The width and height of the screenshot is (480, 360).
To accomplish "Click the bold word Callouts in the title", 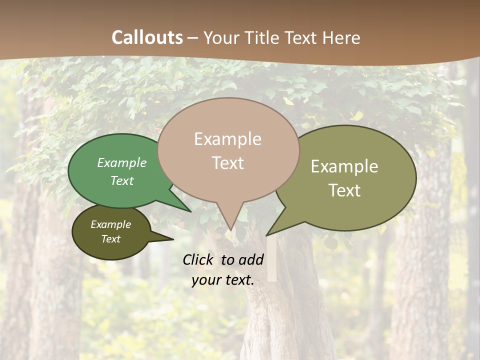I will pos(147,38).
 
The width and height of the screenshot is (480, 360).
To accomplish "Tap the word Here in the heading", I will pos(341,38).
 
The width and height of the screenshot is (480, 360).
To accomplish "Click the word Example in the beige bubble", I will pos(227,139).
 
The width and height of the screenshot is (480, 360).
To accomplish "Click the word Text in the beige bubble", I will pos(227,163).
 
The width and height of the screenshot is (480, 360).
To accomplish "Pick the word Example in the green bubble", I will pos(121,162).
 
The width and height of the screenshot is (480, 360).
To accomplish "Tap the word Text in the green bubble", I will pos(121,180).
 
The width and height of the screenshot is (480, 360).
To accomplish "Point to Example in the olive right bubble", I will pos(344,166).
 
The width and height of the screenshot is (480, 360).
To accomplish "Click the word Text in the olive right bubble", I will pos(344,190).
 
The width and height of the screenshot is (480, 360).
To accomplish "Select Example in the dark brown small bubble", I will pos(110,224).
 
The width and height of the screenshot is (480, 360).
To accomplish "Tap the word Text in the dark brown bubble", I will pos(110,239).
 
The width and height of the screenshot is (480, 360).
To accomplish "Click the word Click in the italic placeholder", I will pos(198,260).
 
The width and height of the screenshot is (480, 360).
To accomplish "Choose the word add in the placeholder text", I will pos(251,260).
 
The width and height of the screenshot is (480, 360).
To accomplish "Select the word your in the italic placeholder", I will pos(206,280).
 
